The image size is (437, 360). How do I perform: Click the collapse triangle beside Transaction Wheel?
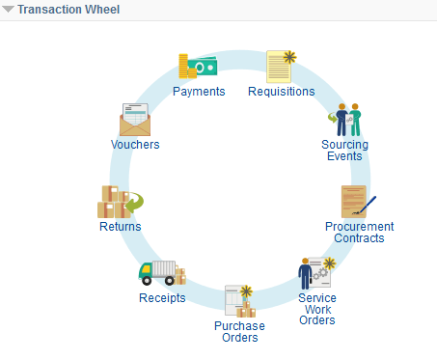[9, 9]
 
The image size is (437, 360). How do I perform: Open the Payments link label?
[199, 92]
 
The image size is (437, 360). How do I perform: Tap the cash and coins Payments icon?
[198, 67]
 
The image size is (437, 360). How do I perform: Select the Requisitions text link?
[281, 92]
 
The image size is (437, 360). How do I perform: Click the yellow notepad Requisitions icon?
[280, 66]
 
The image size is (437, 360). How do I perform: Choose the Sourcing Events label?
[344, 151]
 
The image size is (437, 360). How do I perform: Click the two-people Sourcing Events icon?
[344, 120]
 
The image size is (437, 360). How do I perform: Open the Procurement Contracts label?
[359, 233]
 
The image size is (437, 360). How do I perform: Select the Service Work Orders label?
[316, 309]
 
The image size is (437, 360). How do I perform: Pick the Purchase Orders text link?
[238, 331]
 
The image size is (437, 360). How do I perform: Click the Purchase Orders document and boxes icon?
[238, 301]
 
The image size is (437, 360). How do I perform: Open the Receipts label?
[161, 298]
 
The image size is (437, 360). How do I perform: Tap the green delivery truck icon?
[161, 273]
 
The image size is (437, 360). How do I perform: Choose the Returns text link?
[120, 227]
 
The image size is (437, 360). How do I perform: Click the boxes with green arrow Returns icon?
[119, 202]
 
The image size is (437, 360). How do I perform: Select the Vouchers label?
[135, 145]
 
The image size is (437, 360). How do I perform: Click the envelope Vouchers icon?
[135, 119]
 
